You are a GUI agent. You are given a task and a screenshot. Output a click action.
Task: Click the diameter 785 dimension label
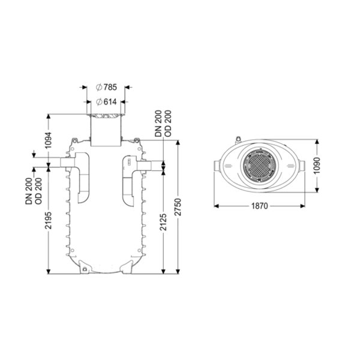tap(106, 87)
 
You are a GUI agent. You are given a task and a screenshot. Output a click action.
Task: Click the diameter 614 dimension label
tap(106, 102)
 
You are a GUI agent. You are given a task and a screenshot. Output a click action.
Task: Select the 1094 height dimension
tap(48, 140)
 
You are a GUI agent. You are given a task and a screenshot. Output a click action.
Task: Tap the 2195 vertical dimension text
tap(48, 220)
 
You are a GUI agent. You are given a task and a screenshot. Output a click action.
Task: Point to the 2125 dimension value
tap(163, 222)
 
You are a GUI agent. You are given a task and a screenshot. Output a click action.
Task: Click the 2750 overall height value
tap(178, 207)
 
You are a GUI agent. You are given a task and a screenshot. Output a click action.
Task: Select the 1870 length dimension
tap(260, 206)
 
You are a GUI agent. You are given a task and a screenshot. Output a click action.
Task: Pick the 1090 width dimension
tap(317, 166)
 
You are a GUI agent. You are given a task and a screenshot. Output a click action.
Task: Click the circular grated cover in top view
tap(260, 166)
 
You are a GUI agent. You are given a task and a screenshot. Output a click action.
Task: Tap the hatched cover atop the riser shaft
tap(106, 116)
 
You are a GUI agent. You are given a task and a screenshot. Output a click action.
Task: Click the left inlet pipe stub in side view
tap(67, 163)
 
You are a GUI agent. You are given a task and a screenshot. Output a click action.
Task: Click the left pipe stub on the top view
tap(217, 166)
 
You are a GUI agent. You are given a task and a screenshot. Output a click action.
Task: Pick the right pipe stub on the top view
tap(302, 166)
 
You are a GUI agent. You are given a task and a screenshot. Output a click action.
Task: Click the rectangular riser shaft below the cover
tap(106, 132)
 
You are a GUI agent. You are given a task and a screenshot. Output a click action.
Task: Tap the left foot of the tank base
tap(85, 267)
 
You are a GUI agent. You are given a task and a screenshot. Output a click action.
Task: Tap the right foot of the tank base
tap(127, 267)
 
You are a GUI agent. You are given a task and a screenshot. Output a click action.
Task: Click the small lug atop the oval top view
tap(239, 139)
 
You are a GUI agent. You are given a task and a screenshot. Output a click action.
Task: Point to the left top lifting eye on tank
tap(74, 140)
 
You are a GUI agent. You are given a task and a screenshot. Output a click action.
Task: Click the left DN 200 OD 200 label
tap(34, 191)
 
